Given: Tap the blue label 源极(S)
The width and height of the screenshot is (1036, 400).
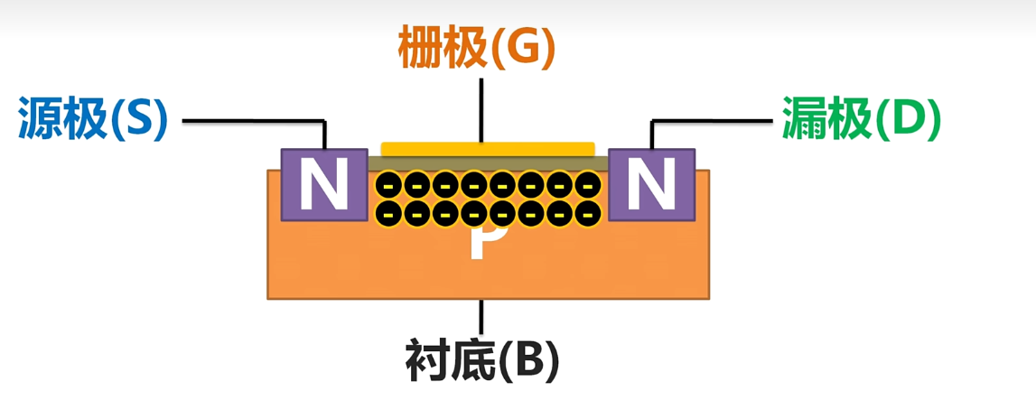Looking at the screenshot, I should click(x=92, y=120).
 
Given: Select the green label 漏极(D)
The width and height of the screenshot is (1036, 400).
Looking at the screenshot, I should click(x=861, y=120).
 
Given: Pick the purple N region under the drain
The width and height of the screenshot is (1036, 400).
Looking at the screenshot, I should click(x=652, y=184).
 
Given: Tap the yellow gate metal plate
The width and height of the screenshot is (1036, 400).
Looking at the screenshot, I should click(x=488, y=148).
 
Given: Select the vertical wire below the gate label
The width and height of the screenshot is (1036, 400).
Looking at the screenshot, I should click(x=481, y=108).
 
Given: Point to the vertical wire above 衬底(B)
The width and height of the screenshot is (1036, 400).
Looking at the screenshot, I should click(x=481, y=316).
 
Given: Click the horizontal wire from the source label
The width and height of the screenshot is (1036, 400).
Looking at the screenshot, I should click(x=253, y=119).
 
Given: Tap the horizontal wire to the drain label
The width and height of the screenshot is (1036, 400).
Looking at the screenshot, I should click(x=714, y=119).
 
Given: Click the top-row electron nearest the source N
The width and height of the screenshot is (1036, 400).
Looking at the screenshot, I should click(x=387, y=186).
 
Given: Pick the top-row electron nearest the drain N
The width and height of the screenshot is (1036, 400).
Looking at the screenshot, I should click(x=589, y=186).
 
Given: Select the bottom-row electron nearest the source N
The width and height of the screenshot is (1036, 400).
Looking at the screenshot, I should click(x=387, y=214).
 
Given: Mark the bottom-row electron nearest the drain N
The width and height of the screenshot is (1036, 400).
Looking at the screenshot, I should click(x=589, y=214).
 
